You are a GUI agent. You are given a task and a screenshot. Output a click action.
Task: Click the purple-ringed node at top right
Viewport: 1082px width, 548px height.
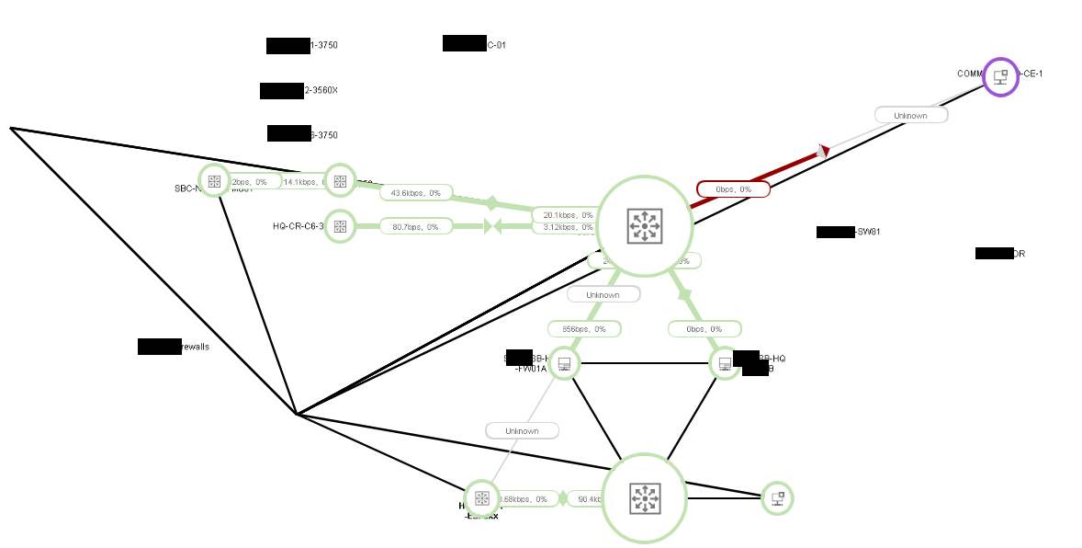pyautogui.click(x=1001, y=77)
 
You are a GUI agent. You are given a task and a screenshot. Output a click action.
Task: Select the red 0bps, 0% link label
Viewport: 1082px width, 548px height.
pyautogui.click(x=733, y=189)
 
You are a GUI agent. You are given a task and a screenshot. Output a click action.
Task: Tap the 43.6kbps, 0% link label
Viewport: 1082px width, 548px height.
pyautogui.click(x=416, y=193)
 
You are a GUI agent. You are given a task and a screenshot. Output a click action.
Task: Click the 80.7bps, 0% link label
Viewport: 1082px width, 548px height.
pyautogui.click(x=416, y=226)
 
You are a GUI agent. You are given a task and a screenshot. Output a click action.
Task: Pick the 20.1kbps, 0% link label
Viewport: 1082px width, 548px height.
pyautogui.click(x=563, y=215)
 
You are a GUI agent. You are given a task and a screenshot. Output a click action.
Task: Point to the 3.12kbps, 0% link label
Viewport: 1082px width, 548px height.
pyautogui.click(x=563, y=227)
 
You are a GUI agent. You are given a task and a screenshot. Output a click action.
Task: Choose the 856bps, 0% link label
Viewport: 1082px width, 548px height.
pyautogui.click(x=584, y=328)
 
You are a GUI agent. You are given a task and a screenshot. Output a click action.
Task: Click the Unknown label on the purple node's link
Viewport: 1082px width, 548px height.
pyautogui.click(x=910, y=116)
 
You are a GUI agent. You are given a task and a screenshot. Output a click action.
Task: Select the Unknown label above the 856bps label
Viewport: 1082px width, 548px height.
pyautogui.click(x=603, y=295)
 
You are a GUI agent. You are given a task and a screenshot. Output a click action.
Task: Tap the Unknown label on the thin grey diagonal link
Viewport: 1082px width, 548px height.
pyautogui.click(x=522, y=430)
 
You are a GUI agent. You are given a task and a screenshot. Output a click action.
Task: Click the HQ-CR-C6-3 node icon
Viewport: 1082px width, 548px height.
pyautogui.click(x=340, y=226)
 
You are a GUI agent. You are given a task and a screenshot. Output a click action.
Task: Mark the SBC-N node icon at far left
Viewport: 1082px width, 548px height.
pyautogui.click(x=214, y=181)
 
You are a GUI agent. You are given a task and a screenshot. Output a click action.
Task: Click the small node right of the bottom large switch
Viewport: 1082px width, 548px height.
pyautogui.click(x=777, y=498)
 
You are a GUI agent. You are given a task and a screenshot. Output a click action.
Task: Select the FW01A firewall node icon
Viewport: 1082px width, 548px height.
pyautogui.click(x=564, y=364)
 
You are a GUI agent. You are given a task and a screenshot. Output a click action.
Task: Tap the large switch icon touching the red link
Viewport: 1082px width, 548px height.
pyautogui.click(x=645, y=226)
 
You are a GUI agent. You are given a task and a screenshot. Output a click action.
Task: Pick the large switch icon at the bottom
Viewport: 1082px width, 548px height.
pyautogui.click(x=645, y=498)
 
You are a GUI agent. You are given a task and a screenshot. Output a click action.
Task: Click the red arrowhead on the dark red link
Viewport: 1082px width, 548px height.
pyautogui.click(x=824, y=150)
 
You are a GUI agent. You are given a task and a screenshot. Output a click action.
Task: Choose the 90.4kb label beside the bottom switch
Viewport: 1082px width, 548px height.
pyautogui.click(x=584, y=499)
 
